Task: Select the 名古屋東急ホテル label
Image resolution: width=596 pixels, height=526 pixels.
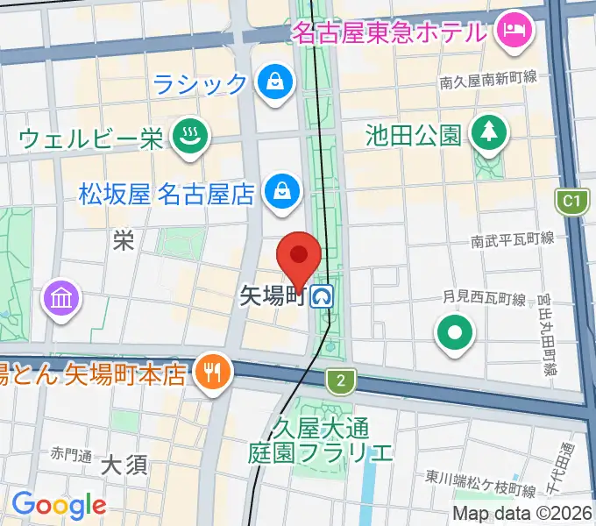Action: [389, 33]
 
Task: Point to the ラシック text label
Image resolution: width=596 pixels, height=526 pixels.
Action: [201, 83]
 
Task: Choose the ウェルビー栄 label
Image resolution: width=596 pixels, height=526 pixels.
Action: [91, 139]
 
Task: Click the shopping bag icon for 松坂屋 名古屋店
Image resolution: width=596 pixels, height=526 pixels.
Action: [283, 190]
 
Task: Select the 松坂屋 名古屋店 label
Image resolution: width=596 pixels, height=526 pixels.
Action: [166, 192]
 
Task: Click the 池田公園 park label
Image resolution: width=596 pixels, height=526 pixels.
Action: [414, 135]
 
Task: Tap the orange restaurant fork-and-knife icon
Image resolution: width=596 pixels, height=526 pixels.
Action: [213, 373]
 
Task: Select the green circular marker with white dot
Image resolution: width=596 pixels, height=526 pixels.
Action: [456, 333]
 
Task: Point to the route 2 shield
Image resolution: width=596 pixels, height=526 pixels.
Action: [338, 380]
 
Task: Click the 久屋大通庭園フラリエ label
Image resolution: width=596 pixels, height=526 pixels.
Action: [320, 441]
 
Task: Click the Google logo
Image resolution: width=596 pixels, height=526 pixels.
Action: [59, 505]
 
